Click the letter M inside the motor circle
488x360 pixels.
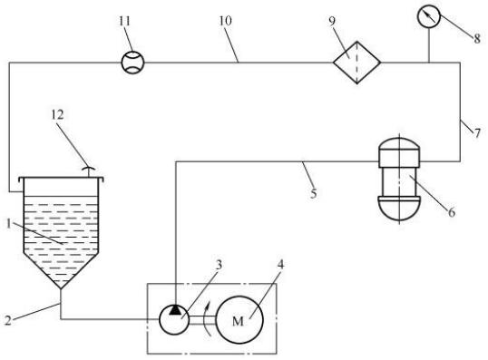pyautogui.click(x=238, y=321)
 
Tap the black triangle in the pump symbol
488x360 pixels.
pyautogui.click(x=175, y=310)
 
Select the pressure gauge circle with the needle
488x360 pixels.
pyautogui.click(x=429, y=15)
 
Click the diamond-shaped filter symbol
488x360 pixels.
pyautogui.click(x=357, y=63)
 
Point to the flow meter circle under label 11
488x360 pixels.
pyautogui.click(x=133, y=63)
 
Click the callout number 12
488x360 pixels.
pyautogui.click(x=57, y=115)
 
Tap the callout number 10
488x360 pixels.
pyautogui.click(x=225, y=21)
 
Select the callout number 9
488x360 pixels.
pyautogui.click(x=332, y=21)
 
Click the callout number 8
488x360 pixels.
pyautogui.click(x=477, y=39)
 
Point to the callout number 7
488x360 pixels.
pyautogui.click(x=477, y=133)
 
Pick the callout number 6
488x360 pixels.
pyautogui.click(x=452, y=212)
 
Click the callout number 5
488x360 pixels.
pyautogui.click(x=314, y=193)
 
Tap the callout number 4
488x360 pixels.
pyautogui.click(x=280, y=265)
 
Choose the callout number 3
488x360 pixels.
pyautogui.click(x=220, y=265)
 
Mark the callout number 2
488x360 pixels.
pyautogui.click(x=8, y=320)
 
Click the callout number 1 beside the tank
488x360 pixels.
pyautogui.click(x=9, y=223)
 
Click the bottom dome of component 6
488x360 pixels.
pyautogui.click(x=399, y=208)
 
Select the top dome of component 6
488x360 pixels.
pyautogui.click(x=399, y=144)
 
